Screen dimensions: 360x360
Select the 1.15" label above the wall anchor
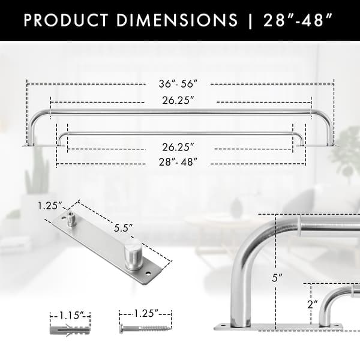(74, 314)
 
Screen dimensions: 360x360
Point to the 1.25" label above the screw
(145, 313)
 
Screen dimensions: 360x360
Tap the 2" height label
(311, 304)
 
